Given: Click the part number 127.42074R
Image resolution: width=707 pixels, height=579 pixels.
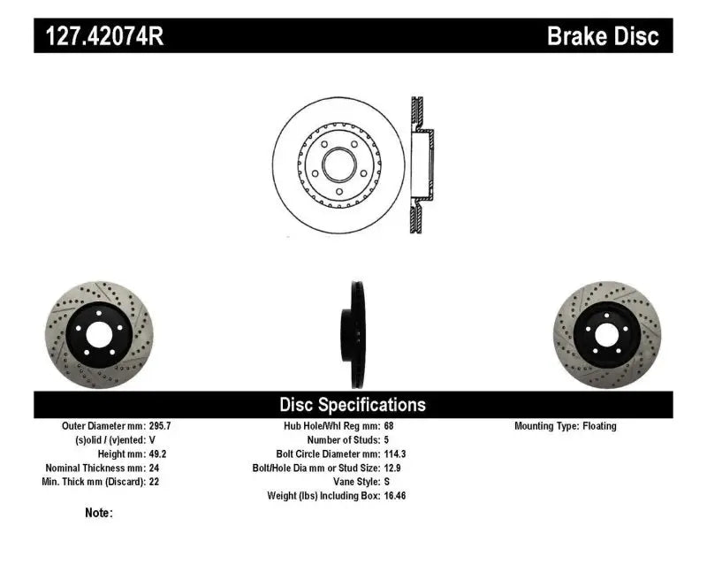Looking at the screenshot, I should (x=98, y=37).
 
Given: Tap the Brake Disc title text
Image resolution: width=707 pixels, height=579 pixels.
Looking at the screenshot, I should (x=603, y=36).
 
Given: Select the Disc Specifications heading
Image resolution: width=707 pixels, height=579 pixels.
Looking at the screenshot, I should (x=353, y=405).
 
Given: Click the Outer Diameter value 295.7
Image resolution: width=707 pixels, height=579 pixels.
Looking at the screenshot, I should (x=161, y=426).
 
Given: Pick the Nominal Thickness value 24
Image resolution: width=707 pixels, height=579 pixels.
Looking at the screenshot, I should (x=154, y=468).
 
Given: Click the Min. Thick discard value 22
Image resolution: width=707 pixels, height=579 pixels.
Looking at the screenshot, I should (x=154, y=482).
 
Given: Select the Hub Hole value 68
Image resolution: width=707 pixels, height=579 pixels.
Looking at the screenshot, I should (x=390, y=426).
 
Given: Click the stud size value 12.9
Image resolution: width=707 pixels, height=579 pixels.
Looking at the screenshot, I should (x=392, y=468).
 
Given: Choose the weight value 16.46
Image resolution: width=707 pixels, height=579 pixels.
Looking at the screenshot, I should (x=395, y=496).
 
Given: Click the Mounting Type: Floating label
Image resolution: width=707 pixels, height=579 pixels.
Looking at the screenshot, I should (x=566, y=426).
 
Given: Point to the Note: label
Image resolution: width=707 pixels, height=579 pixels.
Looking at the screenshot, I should (x=99, y=513).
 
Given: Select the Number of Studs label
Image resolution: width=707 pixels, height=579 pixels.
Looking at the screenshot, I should (x=342, y=439).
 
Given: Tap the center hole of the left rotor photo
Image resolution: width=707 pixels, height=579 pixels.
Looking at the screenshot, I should (x=97, y=335).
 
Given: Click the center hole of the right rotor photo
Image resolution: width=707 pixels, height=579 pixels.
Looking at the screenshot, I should (x=608, y=335).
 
